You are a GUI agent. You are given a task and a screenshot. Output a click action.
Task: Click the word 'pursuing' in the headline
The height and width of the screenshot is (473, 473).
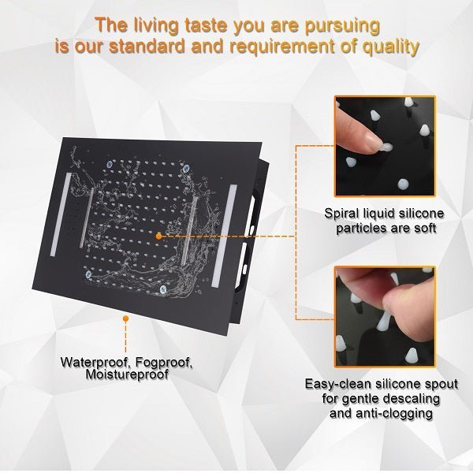tap(342, 26)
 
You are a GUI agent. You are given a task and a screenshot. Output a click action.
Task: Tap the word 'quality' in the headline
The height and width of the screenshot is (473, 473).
tap(391, 47)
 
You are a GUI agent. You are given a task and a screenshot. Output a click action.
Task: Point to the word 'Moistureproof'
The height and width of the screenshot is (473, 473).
tap(127, 374)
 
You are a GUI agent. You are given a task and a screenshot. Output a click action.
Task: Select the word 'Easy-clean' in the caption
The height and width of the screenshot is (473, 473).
tap(337, 385)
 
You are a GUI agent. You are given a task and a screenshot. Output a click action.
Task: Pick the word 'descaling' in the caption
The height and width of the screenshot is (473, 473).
tap(412, 399)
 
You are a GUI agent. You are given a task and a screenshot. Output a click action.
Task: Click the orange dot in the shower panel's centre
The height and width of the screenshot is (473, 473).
tap(158, 236)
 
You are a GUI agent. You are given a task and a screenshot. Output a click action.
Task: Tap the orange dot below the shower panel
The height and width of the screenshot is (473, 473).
tap(126, 318)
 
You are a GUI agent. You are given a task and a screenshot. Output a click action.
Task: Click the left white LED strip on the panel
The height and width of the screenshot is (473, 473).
tap(61, 214)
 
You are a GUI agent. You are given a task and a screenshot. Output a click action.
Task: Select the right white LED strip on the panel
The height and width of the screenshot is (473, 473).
tap(224, 236)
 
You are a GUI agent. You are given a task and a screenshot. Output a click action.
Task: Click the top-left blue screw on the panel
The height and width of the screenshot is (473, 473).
tap(110, 165)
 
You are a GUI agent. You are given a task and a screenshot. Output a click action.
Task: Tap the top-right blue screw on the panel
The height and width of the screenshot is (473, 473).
tap(186, 169)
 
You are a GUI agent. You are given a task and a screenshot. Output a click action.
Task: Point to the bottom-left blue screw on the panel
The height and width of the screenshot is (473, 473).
tap(88, 274)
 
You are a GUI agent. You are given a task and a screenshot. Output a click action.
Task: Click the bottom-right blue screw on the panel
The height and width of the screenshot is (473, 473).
tap(163, 289)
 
